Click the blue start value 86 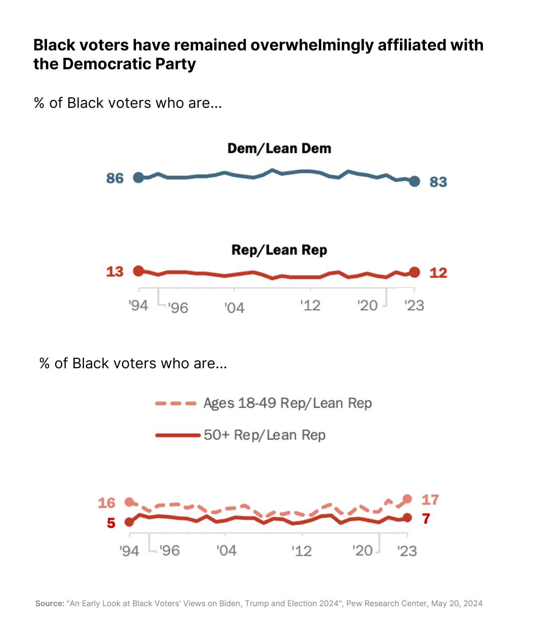[115, 178]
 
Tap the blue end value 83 [438, 182]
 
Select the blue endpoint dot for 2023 [415, 181]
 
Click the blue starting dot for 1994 [139, 178]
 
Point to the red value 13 [115, 272]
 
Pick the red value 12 [438, 273]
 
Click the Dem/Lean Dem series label [279, 149]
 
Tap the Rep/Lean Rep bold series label [279, 250]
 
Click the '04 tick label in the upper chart [234, 307]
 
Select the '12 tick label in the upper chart [310, 305]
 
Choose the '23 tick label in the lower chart [407, 551]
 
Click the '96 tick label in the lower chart [170, 551]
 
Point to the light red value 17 [430, 500]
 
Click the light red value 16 [107, 503]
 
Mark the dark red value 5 [111, 523]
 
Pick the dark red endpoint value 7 [426, 519]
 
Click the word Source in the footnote [49, 603]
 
